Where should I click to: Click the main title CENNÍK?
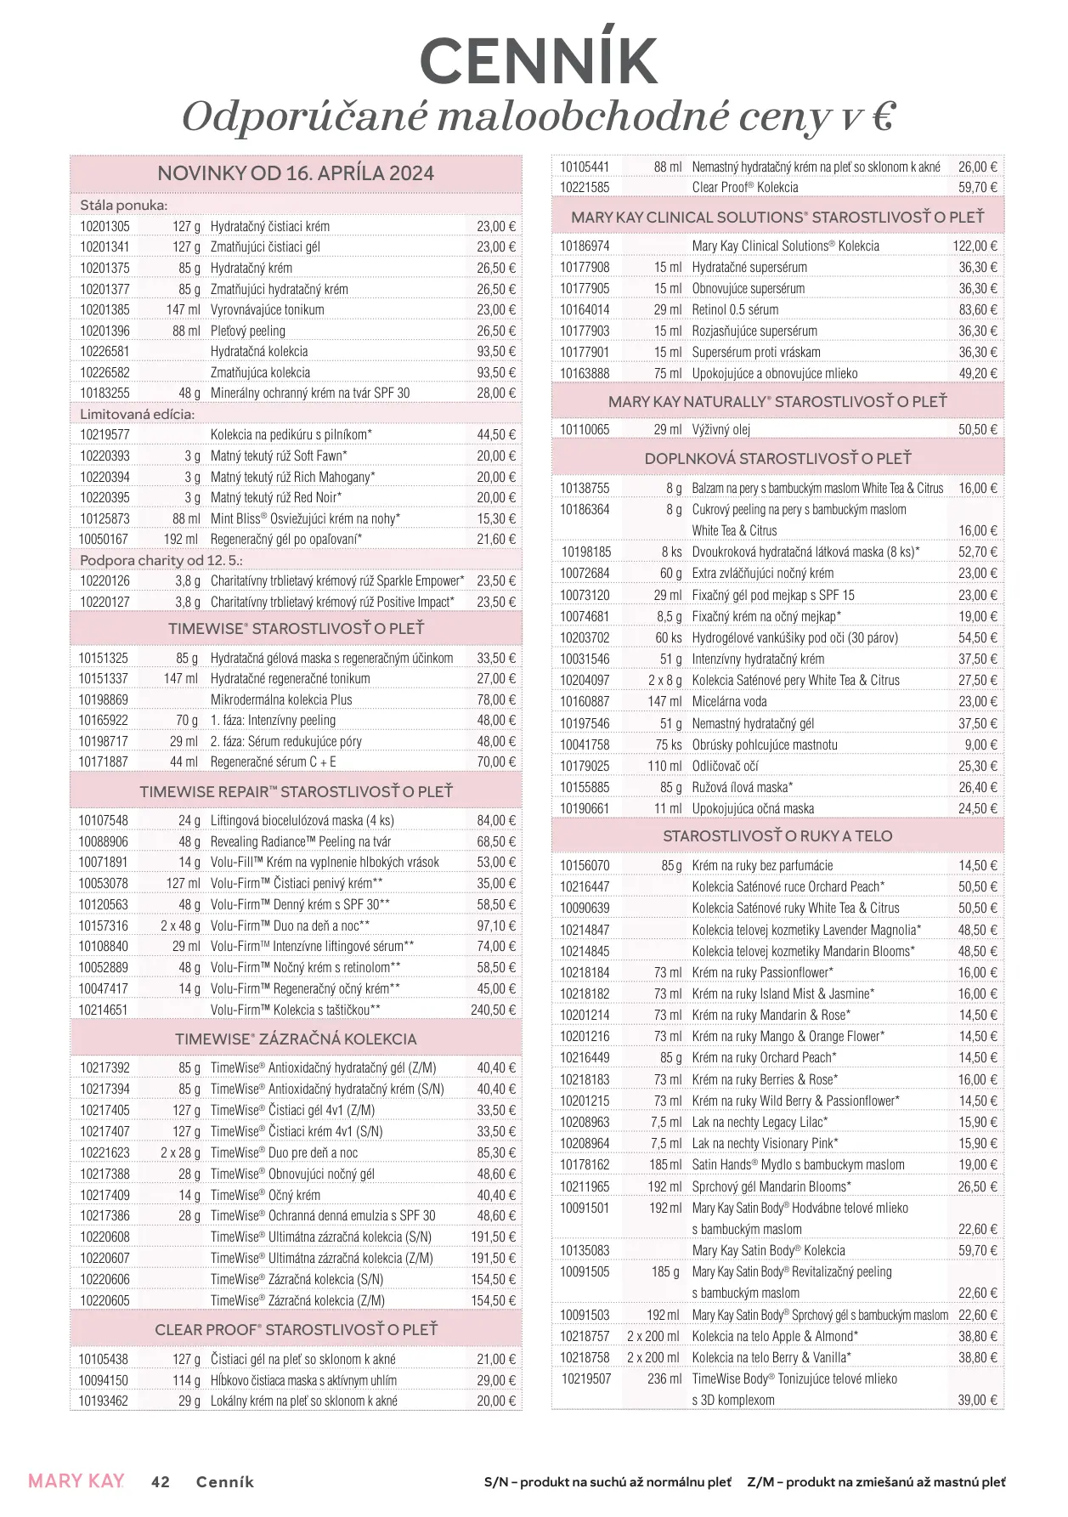539,60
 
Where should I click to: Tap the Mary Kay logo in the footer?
76,1480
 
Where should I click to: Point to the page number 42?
160,1481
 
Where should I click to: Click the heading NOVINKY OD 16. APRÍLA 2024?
296,173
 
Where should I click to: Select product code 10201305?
105,226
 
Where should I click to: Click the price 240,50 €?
493,1010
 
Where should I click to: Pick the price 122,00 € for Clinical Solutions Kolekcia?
975,246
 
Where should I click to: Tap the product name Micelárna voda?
729,701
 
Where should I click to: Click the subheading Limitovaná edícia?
137,414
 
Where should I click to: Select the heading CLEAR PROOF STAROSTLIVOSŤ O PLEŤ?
296,1329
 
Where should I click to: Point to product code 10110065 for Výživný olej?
585,429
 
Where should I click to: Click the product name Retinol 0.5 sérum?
735,309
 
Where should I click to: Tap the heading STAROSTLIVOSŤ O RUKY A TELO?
777,836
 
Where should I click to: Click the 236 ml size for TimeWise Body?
664,1378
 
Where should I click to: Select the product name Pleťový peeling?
248,331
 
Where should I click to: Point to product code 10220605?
105,1300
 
